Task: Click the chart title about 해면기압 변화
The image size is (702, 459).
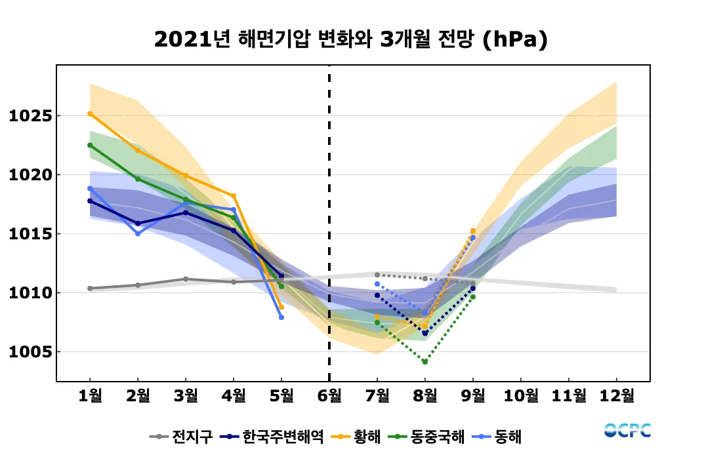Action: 350,40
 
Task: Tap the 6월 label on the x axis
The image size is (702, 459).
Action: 329,395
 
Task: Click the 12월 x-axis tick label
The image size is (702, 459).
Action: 617,395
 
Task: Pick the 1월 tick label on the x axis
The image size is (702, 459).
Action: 90,395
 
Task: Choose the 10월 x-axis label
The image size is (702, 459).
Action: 521,395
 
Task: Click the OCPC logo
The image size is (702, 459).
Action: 627,431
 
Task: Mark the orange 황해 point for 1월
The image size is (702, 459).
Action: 90,113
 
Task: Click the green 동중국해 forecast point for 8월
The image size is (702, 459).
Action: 425,362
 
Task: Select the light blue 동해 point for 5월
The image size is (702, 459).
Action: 281,317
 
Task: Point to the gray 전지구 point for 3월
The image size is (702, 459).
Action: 186,279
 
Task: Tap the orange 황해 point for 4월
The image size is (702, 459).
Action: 234,196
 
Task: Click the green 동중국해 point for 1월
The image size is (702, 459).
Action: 90,145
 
